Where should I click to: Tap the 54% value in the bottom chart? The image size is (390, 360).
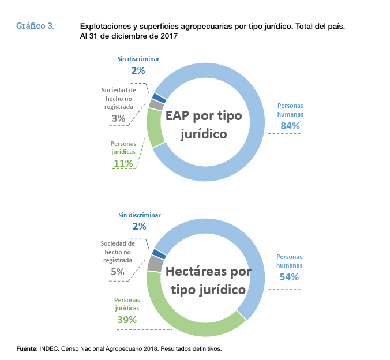click(289, 277)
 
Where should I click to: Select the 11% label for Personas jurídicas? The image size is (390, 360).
click(123, 163)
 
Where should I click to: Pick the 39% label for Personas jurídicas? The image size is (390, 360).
click(127, 320)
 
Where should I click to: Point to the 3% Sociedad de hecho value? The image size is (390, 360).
click(119, 119)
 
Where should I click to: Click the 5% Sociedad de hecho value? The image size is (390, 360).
click(118, 272)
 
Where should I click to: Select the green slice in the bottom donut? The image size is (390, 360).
click(190, 329)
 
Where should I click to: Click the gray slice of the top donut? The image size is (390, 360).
click(156, 104)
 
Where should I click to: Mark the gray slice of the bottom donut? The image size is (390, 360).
click(155, 264)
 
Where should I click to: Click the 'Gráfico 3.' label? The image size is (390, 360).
click(35, 26)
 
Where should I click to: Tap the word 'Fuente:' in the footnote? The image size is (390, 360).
click(27, 348)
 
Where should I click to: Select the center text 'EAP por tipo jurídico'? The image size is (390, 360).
click(205, 124)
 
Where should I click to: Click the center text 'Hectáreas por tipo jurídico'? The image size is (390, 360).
click(205, 280)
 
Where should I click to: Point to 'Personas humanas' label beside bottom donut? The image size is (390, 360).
click(290, 261)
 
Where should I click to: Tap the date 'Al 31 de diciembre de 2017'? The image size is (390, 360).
click(129, 36)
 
